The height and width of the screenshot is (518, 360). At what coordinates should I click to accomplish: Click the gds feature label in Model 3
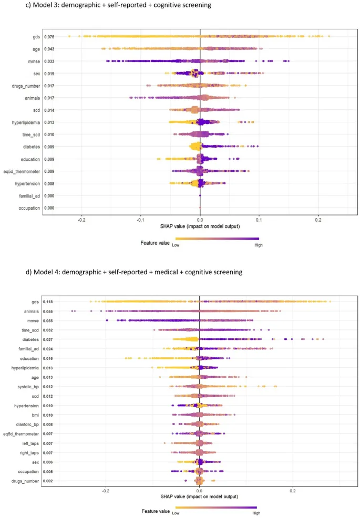click(36, 37)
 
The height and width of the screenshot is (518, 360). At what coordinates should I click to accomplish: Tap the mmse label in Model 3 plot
click(35, 61)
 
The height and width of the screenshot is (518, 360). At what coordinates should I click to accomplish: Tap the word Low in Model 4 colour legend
click(179, 513)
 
